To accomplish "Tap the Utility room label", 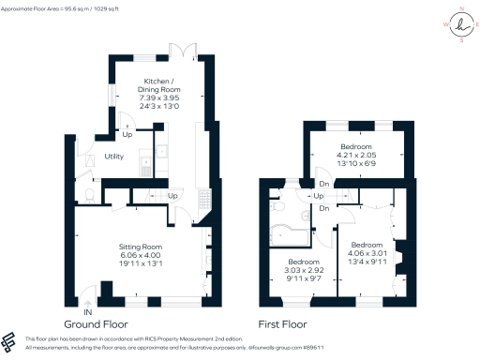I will (115, 157).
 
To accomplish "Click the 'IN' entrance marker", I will (87, 311).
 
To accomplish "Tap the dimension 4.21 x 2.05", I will (356, 156).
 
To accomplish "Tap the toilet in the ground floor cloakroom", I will (85, 194).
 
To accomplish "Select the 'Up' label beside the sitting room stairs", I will (173, 196).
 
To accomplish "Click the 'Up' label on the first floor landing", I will (319, 196).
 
